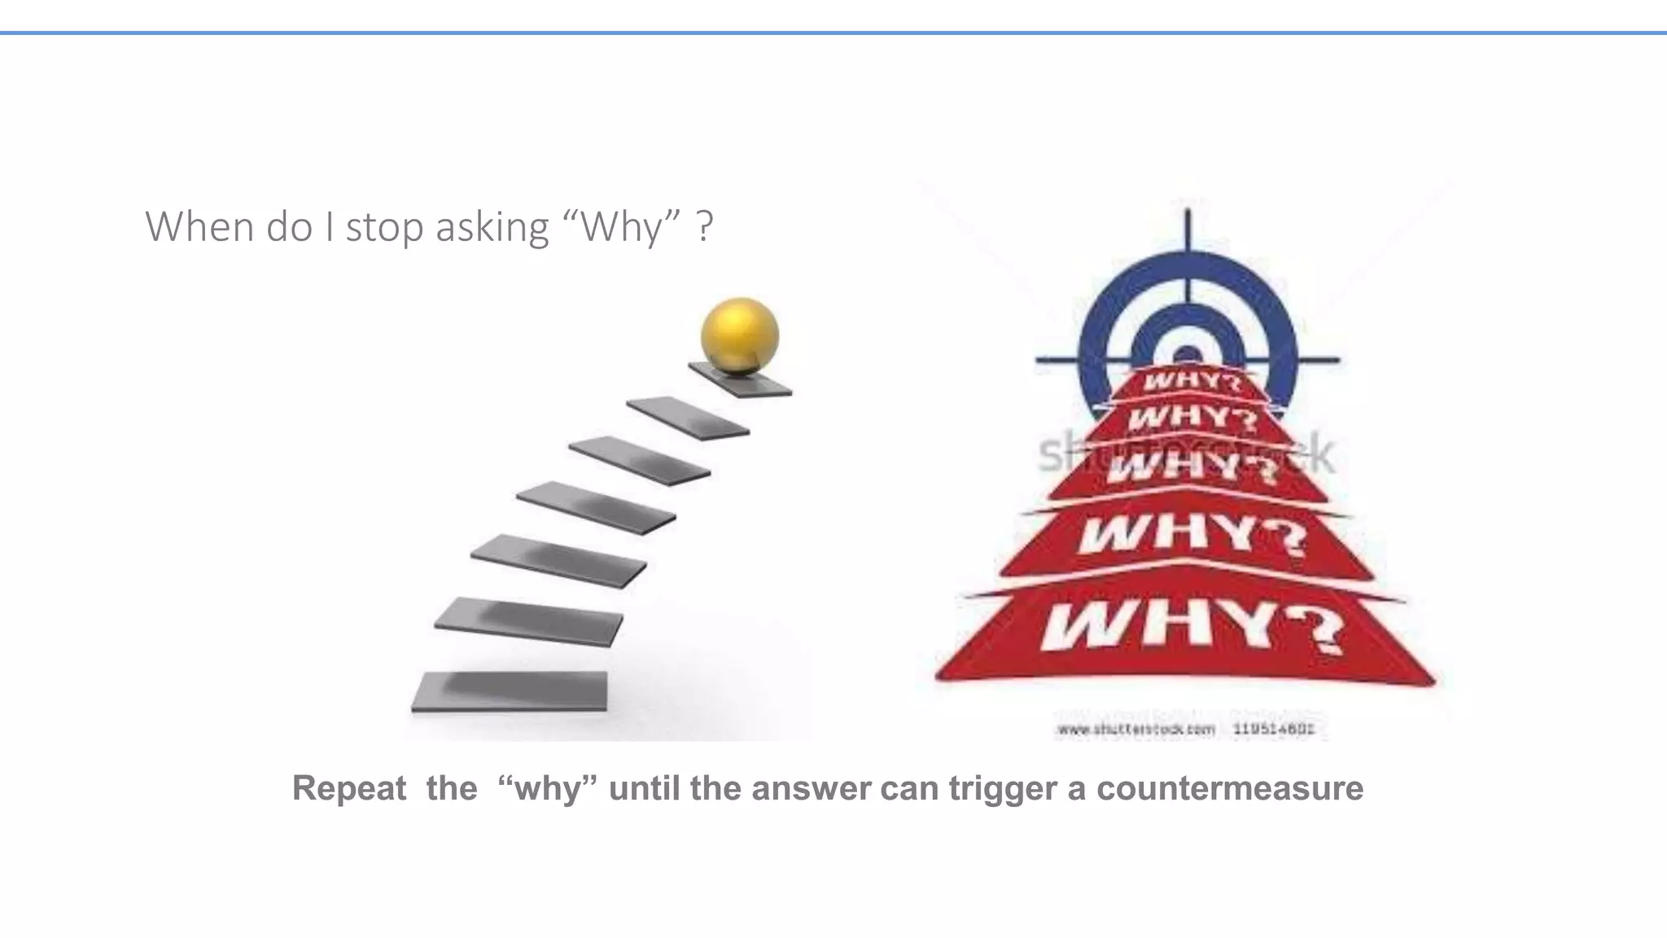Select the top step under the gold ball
(741, 380)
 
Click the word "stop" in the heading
(381, 226)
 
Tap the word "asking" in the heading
(492, 226)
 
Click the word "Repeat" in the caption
(349, 788)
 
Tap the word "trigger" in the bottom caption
(1003, 788)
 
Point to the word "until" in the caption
(644, 788)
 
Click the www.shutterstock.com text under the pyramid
(1135, 730)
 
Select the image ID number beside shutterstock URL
(1274, 730)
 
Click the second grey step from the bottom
(528, 620)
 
